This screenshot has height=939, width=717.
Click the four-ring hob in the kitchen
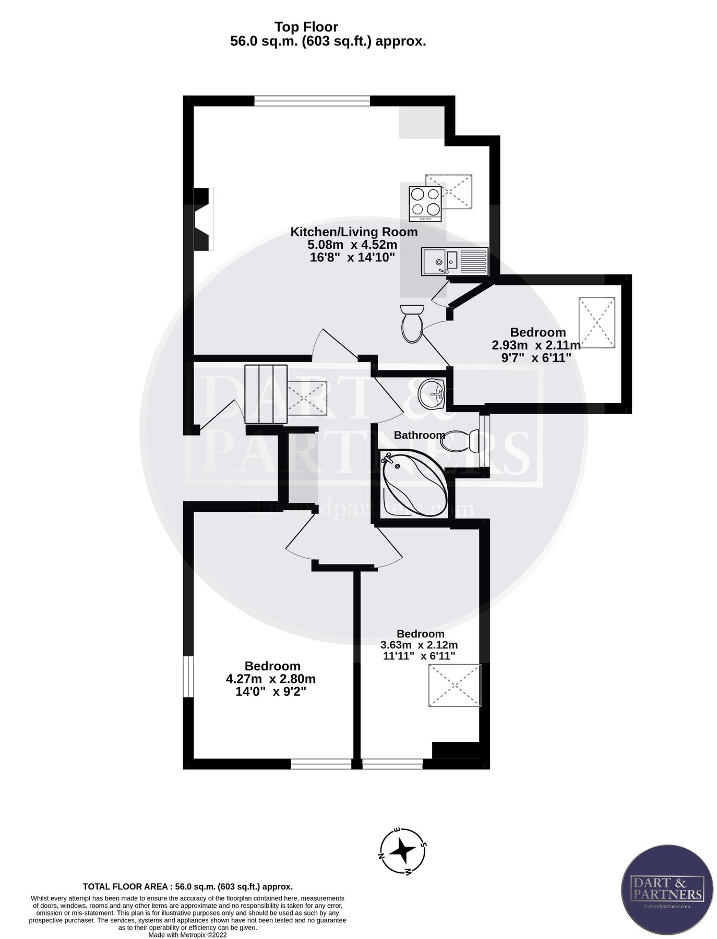point(425,203)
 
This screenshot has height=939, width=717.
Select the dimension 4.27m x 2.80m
point(271,679)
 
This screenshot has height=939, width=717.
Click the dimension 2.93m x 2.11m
point(536,345)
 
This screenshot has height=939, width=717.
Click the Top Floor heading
point(306,27)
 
